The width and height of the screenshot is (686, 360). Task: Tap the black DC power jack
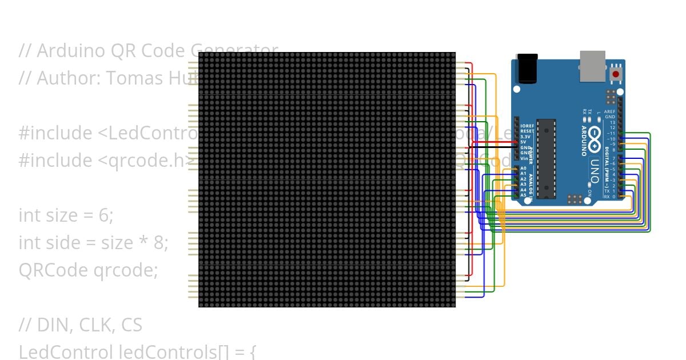[527, 69]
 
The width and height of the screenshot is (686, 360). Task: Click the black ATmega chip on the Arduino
[547, 158]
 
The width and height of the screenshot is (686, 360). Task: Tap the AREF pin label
[611, 111]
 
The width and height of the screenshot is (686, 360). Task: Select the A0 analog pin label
[524, 168]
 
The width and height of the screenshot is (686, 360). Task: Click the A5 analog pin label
[524, 195]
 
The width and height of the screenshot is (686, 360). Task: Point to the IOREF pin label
[527, 126]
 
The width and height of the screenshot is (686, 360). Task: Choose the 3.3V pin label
[525, 137]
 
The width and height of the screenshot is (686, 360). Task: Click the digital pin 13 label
[613, 122]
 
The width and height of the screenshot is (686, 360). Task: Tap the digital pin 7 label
[613, 158]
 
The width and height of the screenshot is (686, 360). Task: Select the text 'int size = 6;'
[66, 215]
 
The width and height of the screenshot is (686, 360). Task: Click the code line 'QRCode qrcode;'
[88, 270]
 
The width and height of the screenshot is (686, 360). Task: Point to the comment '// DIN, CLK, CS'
[80, 325]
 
